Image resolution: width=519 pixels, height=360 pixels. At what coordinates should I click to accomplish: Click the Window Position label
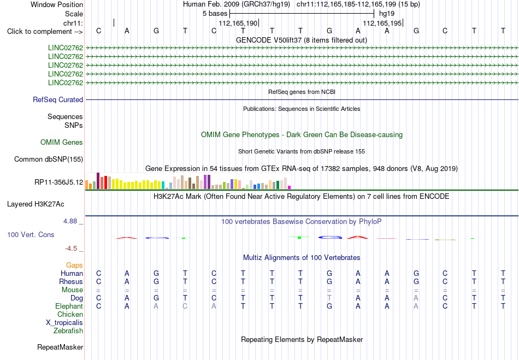[x=57, y=4]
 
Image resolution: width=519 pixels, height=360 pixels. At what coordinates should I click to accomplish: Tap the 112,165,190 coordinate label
[x=238, y=23]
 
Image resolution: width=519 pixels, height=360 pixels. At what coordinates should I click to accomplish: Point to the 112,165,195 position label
[x=382, y=23]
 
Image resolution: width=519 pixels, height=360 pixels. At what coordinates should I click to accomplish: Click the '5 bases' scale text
[x=215, y=14]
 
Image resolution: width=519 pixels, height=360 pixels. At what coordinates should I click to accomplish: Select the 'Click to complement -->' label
[x=45, y=32]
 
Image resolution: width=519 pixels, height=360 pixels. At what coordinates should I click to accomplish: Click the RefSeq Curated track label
[x=58, y=99]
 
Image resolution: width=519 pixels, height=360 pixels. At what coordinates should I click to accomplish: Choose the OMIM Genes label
[x=62, y=142]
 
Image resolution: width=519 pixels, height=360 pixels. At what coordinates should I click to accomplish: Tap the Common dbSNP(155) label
[x=49, y=159]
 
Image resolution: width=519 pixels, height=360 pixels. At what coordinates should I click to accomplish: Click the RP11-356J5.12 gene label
[x=59, y=182]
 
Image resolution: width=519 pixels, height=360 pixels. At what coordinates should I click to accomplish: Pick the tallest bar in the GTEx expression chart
[x=98, y=181]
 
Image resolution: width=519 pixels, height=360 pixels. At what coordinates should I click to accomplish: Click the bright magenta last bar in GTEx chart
[x=290, y=187]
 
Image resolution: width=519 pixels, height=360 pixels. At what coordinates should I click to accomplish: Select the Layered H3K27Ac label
[x=36, y=204]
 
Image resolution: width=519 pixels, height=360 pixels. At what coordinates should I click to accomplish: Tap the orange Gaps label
[x=74, y=265]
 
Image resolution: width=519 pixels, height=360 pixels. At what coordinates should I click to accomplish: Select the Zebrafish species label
[x=68, y=331]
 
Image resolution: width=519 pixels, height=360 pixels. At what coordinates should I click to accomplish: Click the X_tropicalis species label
[x=64, y=323]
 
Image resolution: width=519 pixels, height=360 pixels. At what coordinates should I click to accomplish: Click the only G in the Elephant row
[x=329, y=306]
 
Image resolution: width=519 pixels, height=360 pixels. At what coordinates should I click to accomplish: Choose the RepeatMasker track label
[x=60, y=347]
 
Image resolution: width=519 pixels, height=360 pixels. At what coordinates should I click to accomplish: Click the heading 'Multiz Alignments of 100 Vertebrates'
[x=302, y=257]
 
